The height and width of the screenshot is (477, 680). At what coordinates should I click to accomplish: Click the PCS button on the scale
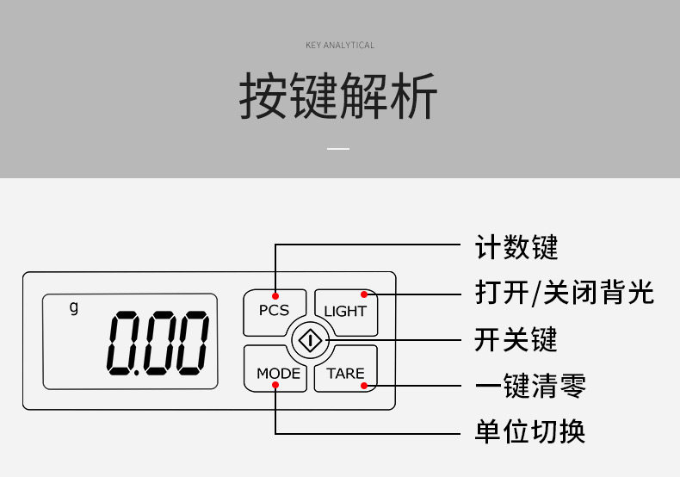tap(274, 310)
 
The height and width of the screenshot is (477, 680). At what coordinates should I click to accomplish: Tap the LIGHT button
tap(345, 311)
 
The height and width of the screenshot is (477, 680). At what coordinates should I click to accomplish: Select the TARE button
tap(345, 373)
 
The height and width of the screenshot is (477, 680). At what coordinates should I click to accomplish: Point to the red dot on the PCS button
tap(275, 294)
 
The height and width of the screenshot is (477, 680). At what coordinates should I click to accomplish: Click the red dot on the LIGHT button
tap(363, 294)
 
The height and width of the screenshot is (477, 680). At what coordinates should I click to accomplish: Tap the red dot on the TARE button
tap(364, 386)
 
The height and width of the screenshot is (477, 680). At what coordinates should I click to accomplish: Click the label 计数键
tap(516, 248)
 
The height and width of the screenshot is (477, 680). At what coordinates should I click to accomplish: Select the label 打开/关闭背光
tap(565, 293)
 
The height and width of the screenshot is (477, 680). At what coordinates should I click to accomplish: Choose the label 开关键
tap(516, 339)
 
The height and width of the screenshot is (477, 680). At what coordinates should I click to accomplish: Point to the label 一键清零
tap(530, 386)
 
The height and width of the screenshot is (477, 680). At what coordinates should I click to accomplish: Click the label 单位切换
tap(530, 431)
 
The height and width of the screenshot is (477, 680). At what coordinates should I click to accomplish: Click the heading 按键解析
tap(338, 96)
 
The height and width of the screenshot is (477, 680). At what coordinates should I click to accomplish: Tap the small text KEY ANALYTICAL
tap(340, 45)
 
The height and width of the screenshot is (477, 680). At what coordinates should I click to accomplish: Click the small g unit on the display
tap(73, 307)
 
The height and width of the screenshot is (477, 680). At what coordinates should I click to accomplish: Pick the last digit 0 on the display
tap(190, 342)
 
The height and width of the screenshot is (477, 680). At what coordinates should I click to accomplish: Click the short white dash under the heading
tap(339, 149)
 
